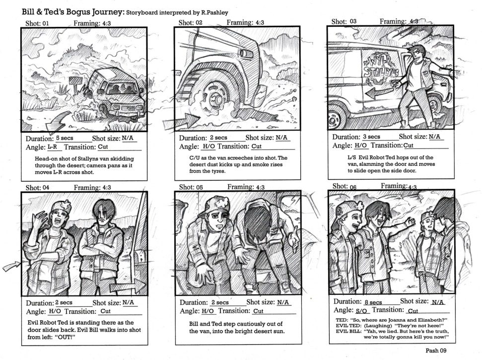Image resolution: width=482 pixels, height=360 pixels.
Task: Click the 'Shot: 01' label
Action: point(37,23)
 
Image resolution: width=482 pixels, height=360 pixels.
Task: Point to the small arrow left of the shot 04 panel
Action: point(10,267)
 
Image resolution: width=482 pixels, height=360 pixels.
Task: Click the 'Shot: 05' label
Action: point(191,187)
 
